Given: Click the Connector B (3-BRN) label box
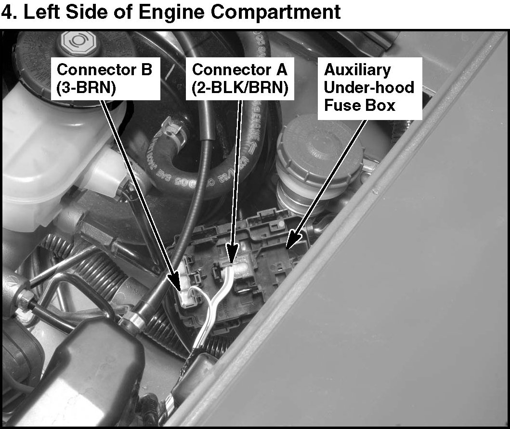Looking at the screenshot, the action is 105,79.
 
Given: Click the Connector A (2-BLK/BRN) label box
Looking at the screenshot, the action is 240,79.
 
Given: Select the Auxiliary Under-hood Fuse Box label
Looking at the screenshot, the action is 370,89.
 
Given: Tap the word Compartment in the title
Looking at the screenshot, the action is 275,12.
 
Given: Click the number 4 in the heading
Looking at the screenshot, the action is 7,12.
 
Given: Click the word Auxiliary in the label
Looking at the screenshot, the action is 357,70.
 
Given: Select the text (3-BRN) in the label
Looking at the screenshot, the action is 86,88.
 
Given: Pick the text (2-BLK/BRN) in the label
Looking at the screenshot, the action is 240,88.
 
